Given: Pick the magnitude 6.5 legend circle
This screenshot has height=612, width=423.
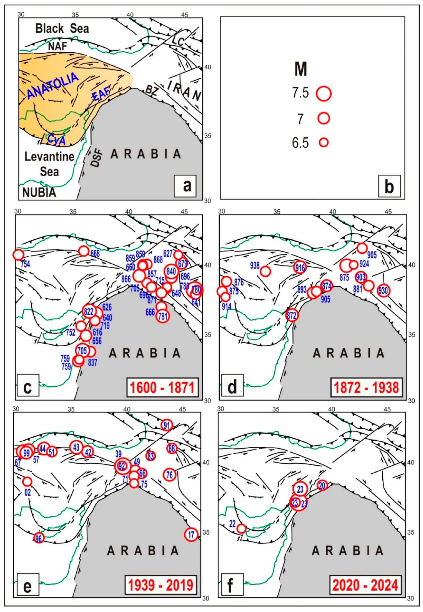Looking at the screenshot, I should coord(324,143).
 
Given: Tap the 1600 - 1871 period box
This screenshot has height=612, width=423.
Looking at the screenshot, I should coord(162,388).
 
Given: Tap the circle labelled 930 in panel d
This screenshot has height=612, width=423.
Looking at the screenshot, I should coord(383,291).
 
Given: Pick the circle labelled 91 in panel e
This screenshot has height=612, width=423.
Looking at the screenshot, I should coord(167,425).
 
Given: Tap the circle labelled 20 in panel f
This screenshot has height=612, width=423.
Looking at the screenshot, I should coord(322,485).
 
